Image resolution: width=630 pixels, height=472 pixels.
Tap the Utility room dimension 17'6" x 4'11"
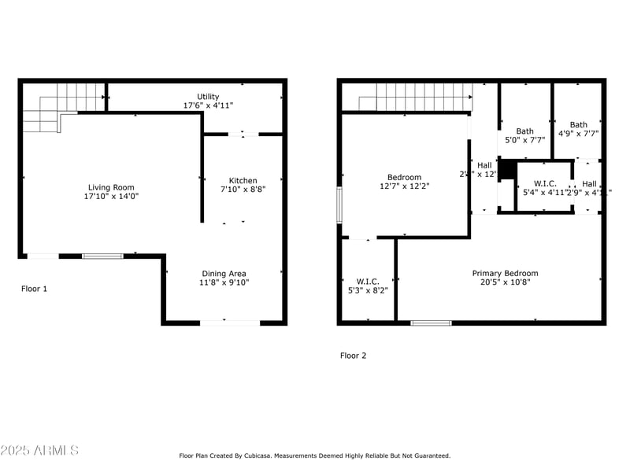click(x=208, y=105)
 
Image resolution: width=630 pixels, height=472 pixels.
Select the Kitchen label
click(x=243, y=181)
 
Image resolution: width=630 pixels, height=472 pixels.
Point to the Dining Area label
click(x=222, y=274)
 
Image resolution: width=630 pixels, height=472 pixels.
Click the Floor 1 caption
click(x=34, y=289)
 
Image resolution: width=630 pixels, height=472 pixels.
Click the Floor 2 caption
click(x=353, y=356)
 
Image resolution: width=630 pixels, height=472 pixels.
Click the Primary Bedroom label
click(x=505, y=274)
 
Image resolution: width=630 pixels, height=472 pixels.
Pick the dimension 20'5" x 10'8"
click(x=505, y=283)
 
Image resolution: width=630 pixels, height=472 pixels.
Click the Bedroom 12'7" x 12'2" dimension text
click(x=404, y=186)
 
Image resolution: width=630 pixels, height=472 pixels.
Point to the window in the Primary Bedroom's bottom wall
click(x=431, y=323)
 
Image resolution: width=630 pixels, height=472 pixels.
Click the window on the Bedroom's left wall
click(x=339, y=205)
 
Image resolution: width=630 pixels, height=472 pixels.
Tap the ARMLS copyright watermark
click(x=39, y=451)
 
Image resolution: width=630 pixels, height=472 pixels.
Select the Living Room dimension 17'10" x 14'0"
click(x=111, y=197)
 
